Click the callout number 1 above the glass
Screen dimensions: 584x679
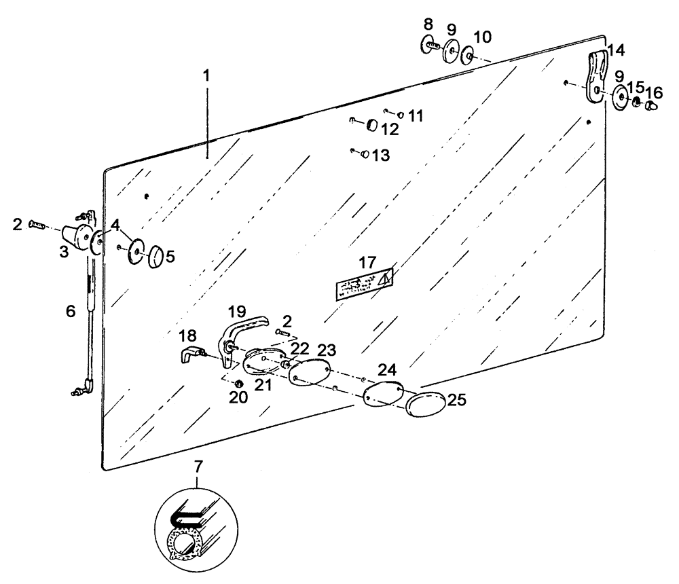pyautogui.click(x=207, y=75)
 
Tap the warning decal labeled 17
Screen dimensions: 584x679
pyautogui.click(x=365, y=283)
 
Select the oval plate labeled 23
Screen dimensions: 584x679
pyautogui.click(x=309, y=373)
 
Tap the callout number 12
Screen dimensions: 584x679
pyautogui.click(x=390, y=128)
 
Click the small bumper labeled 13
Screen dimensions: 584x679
pyautogui.click(x=365, y=155)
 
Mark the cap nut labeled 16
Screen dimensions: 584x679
pyautogui.click(x=651, y=105)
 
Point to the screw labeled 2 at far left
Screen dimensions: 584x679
pyautogui.click(x=37, y=225)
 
